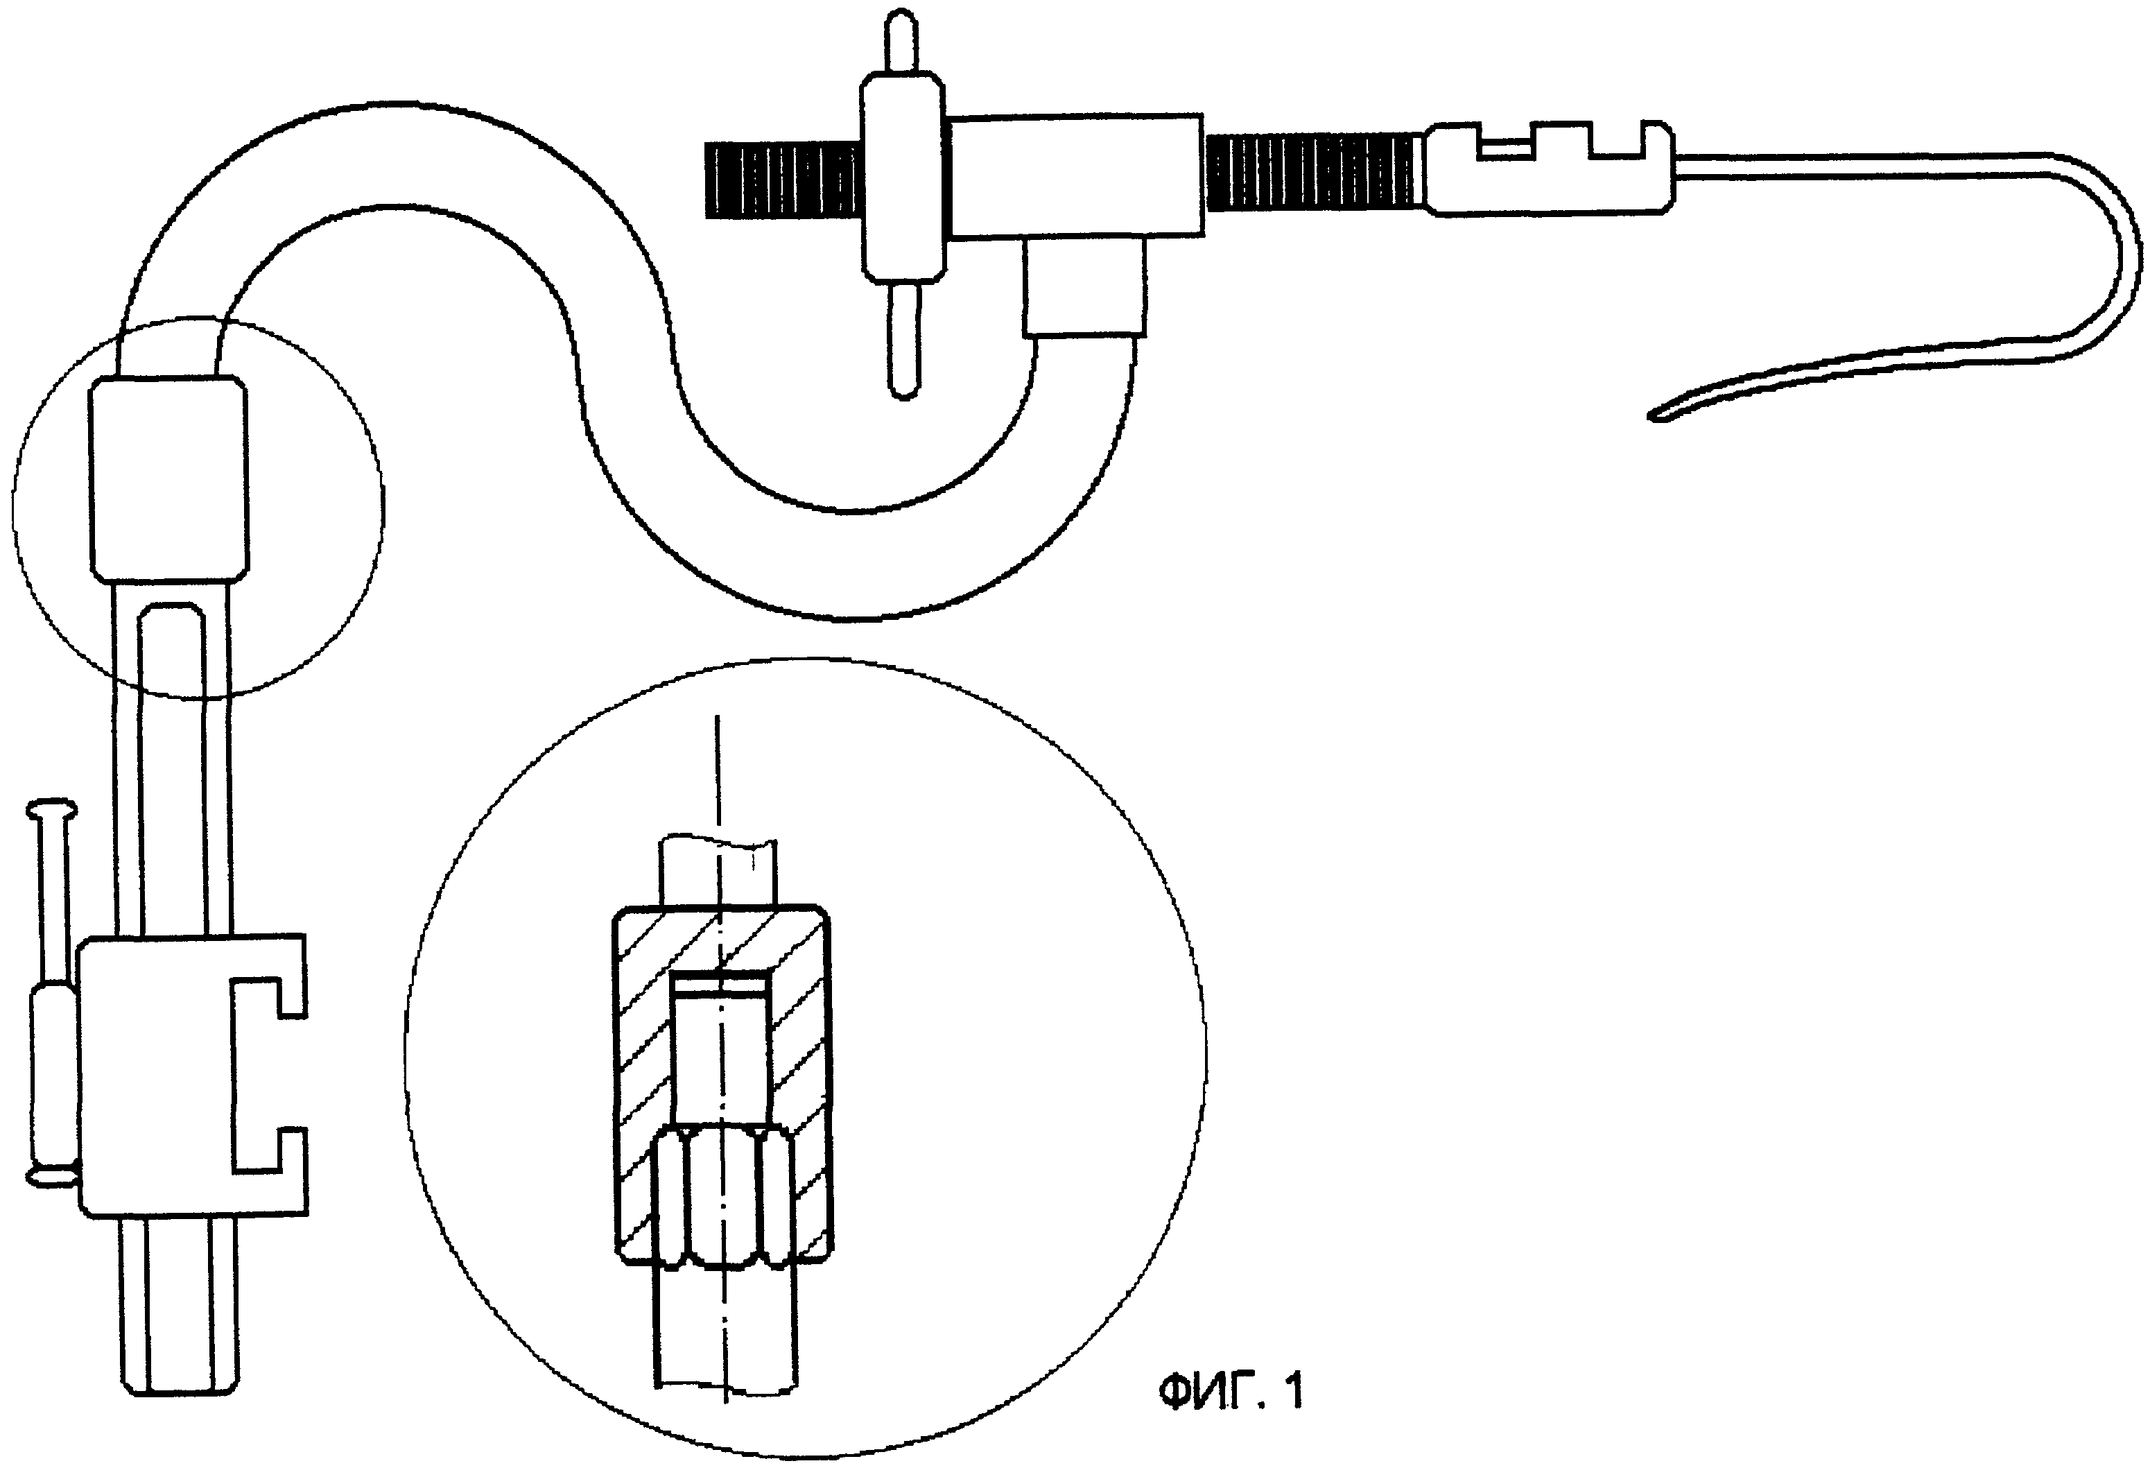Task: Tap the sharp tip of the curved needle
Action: tap(1650, 417)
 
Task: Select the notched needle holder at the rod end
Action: tap(1550, 169)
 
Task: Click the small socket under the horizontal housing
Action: tap(1085, 286)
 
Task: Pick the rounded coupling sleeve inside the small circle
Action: tap(168, 478)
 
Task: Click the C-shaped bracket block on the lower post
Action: tap(193, 1074)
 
